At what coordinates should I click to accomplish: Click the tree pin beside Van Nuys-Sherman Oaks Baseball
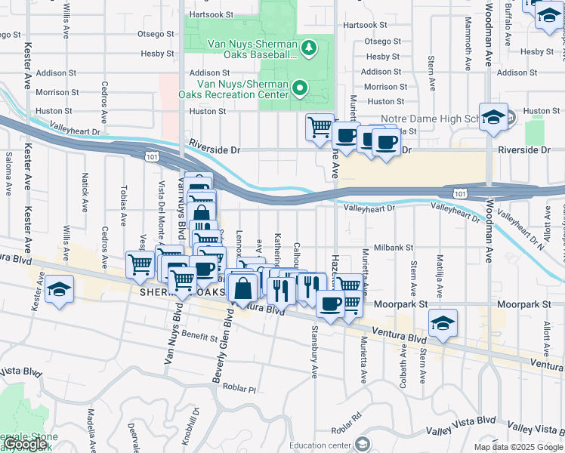coord(308,49)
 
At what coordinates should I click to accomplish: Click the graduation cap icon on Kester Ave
coord(58,291)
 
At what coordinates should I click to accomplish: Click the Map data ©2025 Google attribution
coord(518,447)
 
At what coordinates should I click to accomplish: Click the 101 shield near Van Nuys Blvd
coord(151,155)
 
